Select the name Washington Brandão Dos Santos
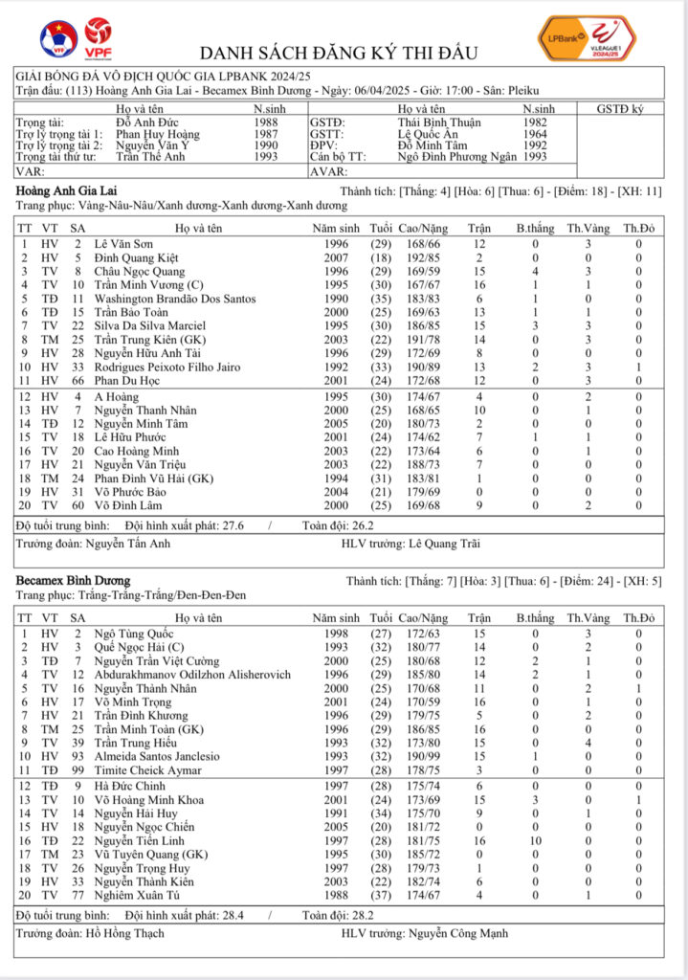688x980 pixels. [x=175, y=299]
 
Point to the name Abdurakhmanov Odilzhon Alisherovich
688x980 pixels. [x=192, y=675]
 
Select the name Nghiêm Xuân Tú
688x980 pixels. [x=139, y=894]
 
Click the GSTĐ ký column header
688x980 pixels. [x=620, y=110]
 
